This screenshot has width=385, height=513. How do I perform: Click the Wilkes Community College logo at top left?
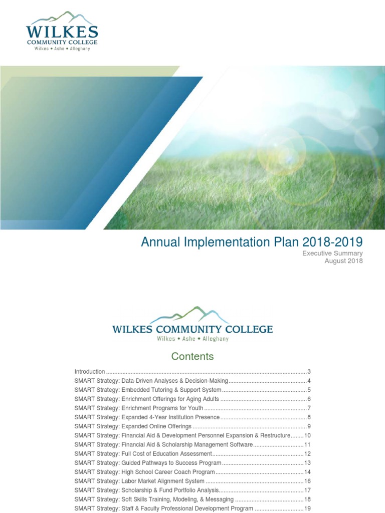pos(63,32)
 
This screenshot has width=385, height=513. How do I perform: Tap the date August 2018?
pos(343,261)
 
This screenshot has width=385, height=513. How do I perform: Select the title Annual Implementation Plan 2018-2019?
pos(252,242)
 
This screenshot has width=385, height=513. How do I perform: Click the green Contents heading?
pos(192,357)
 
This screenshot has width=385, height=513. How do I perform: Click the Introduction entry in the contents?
pos(90,372)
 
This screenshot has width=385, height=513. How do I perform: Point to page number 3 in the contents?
pos(309,372)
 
